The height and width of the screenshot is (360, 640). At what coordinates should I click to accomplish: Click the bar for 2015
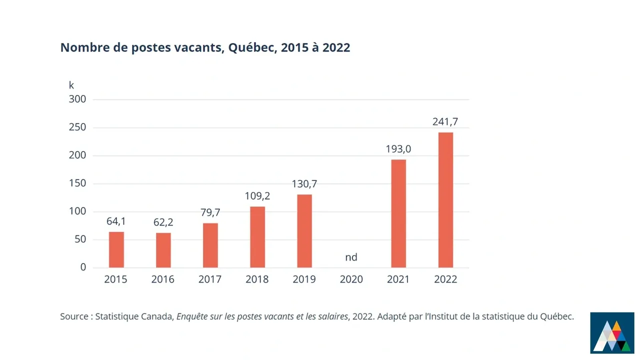coord(116,249)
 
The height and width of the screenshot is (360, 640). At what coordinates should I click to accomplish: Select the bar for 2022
coord(445,200)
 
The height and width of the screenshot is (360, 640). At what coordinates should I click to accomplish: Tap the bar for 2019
coord(304,231)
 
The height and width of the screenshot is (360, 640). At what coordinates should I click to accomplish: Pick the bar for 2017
coord(210,245)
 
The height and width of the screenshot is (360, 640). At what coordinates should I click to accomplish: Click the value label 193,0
coord(398,149)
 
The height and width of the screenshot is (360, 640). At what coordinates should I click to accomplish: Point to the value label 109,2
coord(257,196)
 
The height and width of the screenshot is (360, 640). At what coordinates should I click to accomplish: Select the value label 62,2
coord(163,222)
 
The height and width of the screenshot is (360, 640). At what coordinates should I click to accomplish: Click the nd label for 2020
coord(351,257)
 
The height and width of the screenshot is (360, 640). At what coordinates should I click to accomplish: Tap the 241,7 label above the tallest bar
coord(445,121)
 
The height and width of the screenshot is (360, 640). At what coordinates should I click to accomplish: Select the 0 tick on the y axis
coord(83,267)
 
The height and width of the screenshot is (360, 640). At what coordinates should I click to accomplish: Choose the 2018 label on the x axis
coord(257,279)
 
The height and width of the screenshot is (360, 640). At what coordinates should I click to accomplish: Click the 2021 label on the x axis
coord(398,279)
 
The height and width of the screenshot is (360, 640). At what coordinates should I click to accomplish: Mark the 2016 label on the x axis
coord(163,279)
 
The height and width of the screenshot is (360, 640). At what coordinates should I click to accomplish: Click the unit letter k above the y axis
coord(71,85)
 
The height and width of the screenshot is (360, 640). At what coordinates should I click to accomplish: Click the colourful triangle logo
coord(612,332)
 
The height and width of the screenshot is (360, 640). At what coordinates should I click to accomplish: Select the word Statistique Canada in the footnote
coord(133,316)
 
